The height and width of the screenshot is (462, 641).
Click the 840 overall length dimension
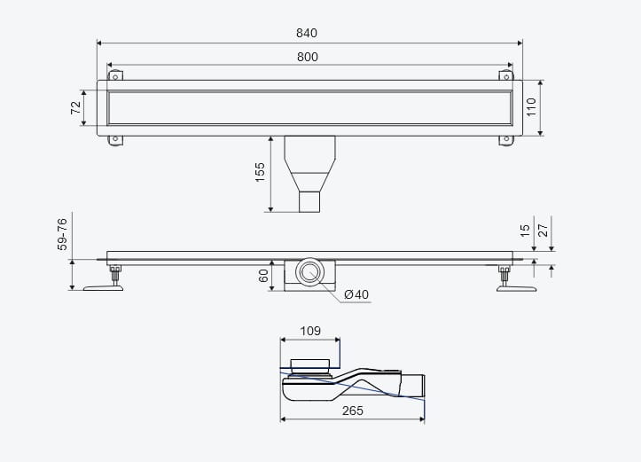307,33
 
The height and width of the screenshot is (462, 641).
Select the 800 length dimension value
308,58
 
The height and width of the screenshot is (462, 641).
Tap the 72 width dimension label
76,107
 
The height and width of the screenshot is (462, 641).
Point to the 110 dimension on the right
531,107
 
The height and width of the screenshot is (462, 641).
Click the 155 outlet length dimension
260,172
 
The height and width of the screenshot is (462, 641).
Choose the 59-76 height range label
62,234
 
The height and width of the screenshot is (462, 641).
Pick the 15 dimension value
526,231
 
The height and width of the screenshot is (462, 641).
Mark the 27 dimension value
543,231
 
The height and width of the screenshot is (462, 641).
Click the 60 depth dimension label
263,276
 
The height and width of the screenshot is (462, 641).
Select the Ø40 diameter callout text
356,294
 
